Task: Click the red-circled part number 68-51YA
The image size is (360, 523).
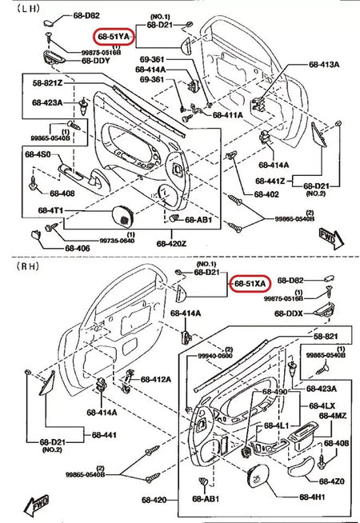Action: click(x=116, y=37)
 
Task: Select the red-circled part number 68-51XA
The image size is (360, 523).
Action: click(x=251, y=283)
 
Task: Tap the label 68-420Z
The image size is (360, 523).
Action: click(x=171, y=243)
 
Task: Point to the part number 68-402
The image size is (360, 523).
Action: click(x=266, y=194)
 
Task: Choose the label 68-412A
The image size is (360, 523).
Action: click(x=157, y=379)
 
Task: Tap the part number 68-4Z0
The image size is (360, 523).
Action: click(x=330, y=481)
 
